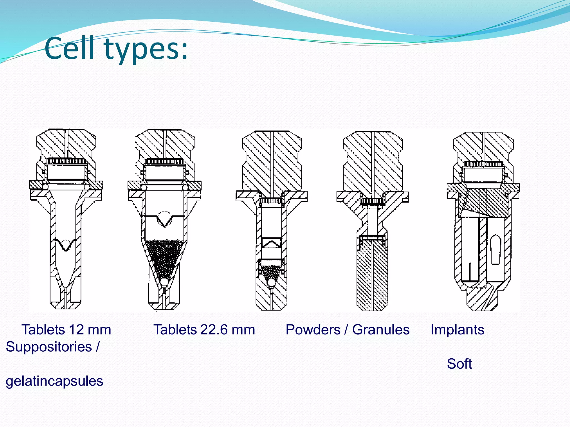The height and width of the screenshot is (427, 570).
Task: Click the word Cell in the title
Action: point(69,49)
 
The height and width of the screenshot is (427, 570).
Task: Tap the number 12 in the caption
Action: point(76,330)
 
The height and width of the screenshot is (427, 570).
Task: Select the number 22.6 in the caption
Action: point(212,330)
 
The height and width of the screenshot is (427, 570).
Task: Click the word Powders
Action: point(313,330)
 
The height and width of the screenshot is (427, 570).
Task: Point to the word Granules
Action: point(381,330)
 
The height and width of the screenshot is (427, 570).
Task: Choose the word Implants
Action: point(457,330)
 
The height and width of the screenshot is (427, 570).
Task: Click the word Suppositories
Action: point(49,347)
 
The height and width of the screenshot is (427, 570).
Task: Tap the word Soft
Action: point(459,364)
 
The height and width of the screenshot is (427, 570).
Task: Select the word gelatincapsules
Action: point(55,381)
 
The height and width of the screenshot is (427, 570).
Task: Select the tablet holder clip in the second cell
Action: point(165,220)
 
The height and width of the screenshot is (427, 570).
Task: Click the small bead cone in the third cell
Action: point(271,272)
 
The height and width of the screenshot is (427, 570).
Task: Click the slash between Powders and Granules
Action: point(346,330)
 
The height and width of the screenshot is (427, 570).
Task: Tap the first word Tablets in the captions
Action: point(43,330)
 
